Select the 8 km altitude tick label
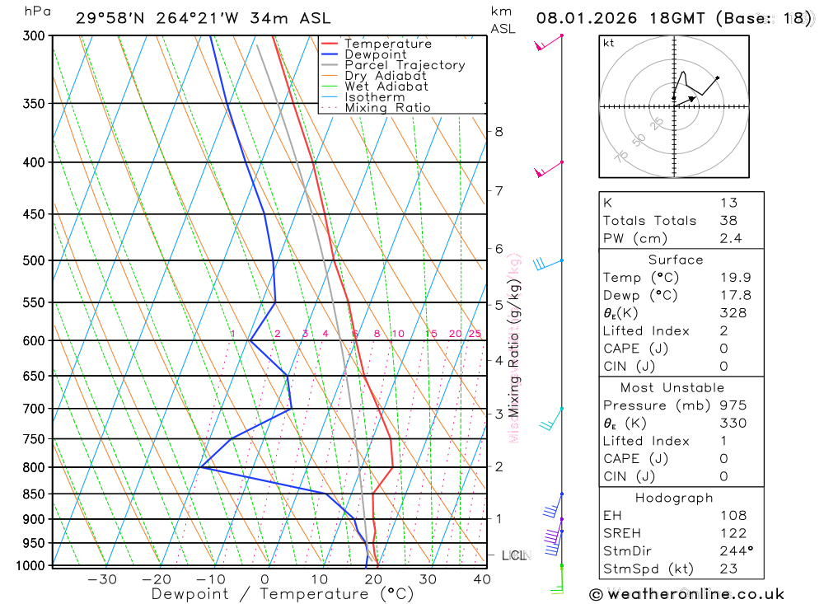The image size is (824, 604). (499, 131)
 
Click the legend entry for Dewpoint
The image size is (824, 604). (376, 54)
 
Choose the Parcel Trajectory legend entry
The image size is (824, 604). (405, 65)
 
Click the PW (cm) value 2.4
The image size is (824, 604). (730, 238)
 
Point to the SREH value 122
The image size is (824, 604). (729, 533)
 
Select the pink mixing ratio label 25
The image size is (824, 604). (475, 334)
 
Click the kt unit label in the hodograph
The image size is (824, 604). (608, 43)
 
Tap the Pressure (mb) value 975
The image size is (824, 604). (729, 405)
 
